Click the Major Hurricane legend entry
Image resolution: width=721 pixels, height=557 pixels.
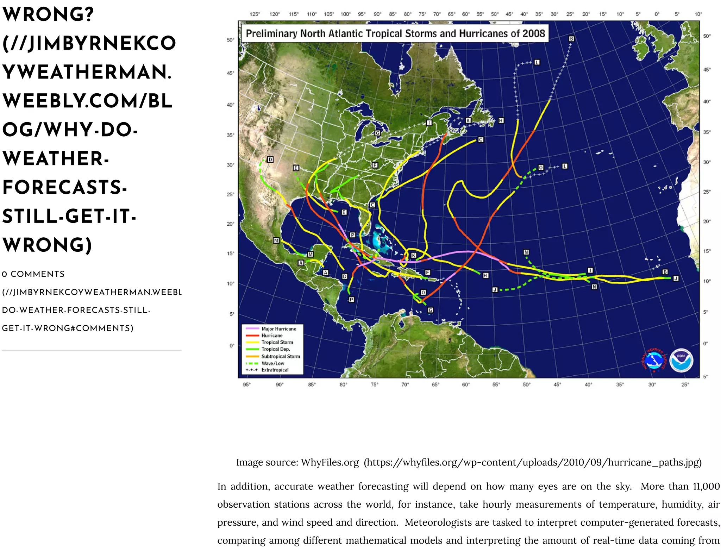click(x=278, y=328)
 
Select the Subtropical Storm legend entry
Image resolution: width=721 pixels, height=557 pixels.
click(x=280, y=356)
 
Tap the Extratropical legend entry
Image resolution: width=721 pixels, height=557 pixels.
click(x=275, y=370)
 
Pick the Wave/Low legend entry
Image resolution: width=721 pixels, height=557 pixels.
click(x=272, y=363)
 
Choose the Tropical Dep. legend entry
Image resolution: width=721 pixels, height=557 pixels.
click(x=275, y=349)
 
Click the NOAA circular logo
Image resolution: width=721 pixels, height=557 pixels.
click(x=681, y=361)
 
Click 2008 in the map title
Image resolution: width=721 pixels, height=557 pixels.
click(x=533, y=33)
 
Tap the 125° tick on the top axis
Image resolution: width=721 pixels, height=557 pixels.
click(x=255, y=14)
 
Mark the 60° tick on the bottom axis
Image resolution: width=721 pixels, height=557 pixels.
click(x=466, y=384)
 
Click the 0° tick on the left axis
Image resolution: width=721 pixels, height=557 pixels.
click(x=232, y=345)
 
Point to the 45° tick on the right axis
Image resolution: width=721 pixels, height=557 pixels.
click(x=707, y=70)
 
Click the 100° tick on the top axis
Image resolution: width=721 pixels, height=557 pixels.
click(x=345, y=14)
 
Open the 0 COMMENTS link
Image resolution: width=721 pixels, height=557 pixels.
click(x=33, y=274)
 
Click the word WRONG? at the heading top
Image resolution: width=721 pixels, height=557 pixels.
click(x=48, y=14)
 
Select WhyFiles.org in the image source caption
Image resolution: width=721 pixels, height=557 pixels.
click(x=330, y=462)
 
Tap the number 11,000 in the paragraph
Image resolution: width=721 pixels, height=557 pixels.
click(x=706, y=486)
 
